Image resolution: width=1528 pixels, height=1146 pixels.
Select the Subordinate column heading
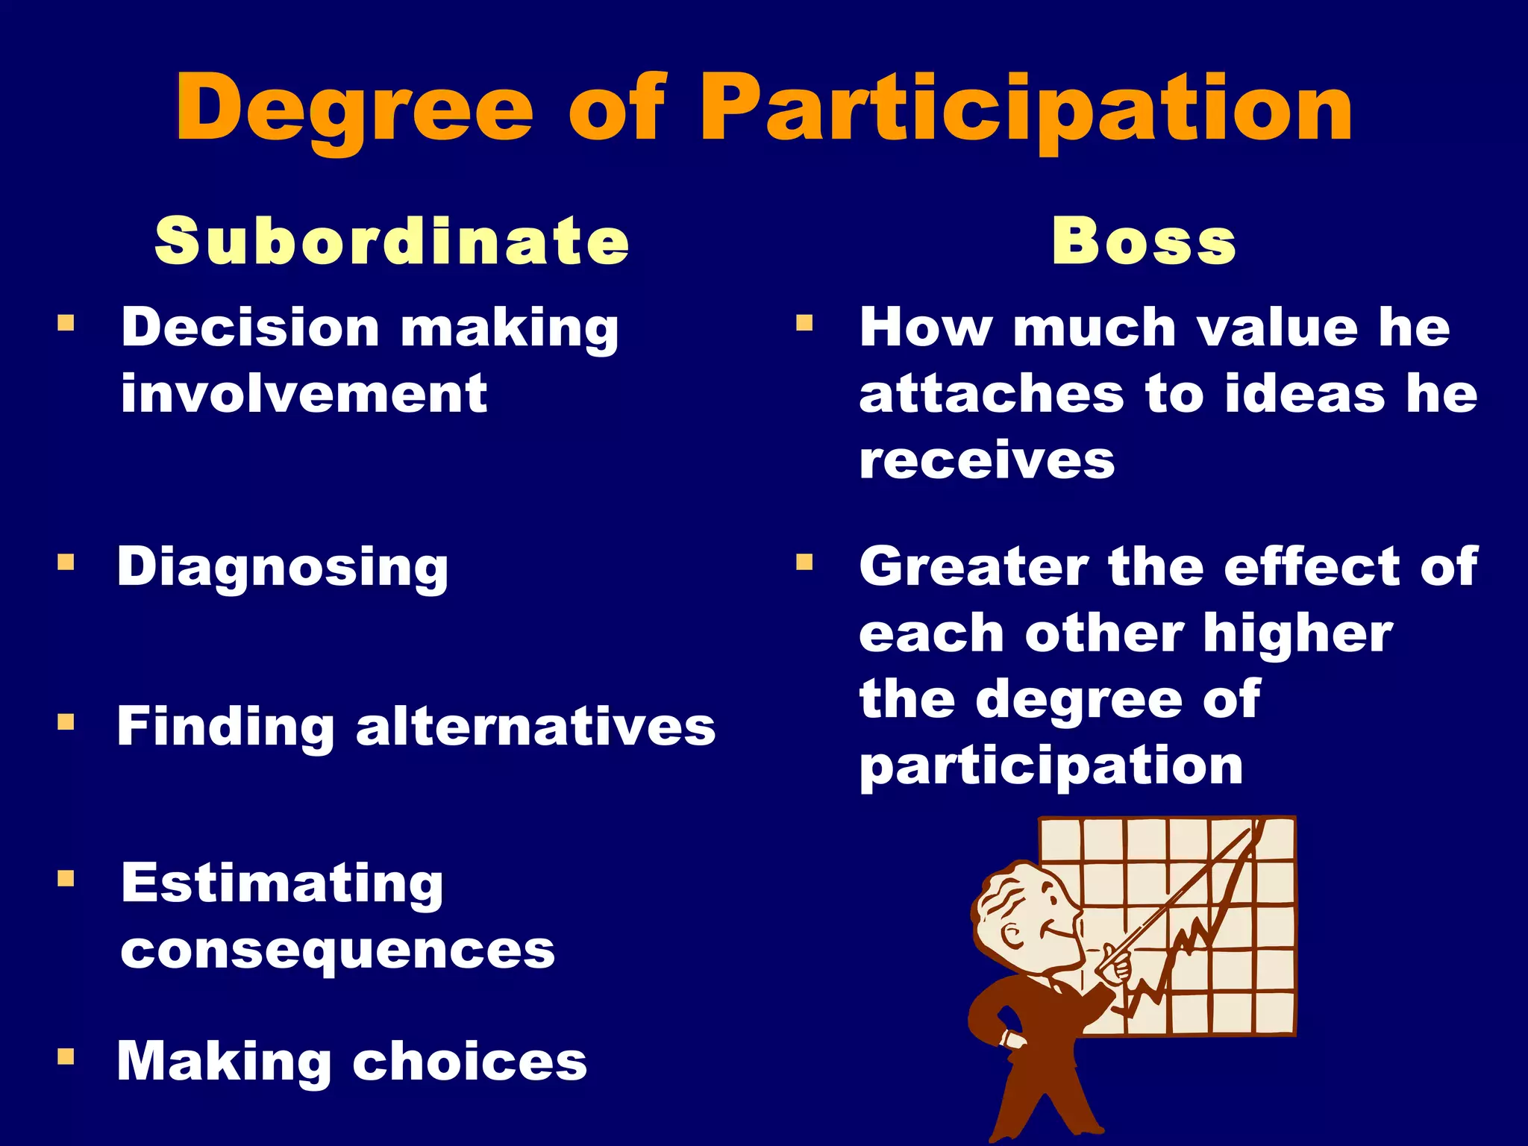392,241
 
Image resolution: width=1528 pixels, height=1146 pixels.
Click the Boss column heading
1144,241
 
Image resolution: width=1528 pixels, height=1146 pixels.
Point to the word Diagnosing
283,568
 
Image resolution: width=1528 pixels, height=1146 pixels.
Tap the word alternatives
536,727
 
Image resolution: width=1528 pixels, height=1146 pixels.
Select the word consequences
338,951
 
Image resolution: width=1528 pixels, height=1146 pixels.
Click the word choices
469,1061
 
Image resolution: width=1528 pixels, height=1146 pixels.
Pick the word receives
986,460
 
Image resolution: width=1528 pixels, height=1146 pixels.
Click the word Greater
973,566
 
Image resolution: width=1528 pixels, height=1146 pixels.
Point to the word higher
1297,633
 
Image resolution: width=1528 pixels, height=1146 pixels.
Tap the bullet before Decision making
66,323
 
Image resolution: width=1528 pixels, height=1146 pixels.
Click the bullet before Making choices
66,1056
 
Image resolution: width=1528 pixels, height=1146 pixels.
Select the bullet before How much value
804,323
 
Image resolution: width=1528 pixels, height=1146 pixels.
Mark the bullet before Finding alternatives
66,721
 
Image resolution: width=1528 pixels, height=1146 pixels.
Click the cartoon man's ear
1015,935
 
